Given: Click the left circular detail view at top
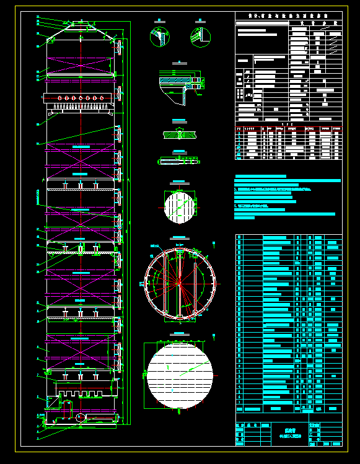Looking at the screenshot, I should click(159, 36).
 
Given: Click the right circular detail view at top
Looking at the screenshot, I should click(200, 36).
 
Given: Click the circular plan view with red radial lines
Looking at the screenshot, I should click(179, 283).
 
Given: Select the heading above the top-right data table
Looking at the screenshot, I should click(288, 16).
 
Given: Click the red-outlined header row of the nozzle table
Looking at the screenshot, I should click(288, 128).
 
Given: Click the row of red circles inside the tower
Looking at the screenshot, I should click(81, 98).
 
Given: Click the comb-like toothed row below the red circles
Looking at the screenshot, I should click(81, 109).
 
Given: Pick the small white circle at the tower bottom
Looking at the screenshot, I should click(81, 417).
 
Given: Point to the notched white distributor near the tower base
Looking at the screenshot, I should click(86, 390).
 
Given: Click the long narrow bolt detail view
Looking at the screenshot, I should click(179, 161).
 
